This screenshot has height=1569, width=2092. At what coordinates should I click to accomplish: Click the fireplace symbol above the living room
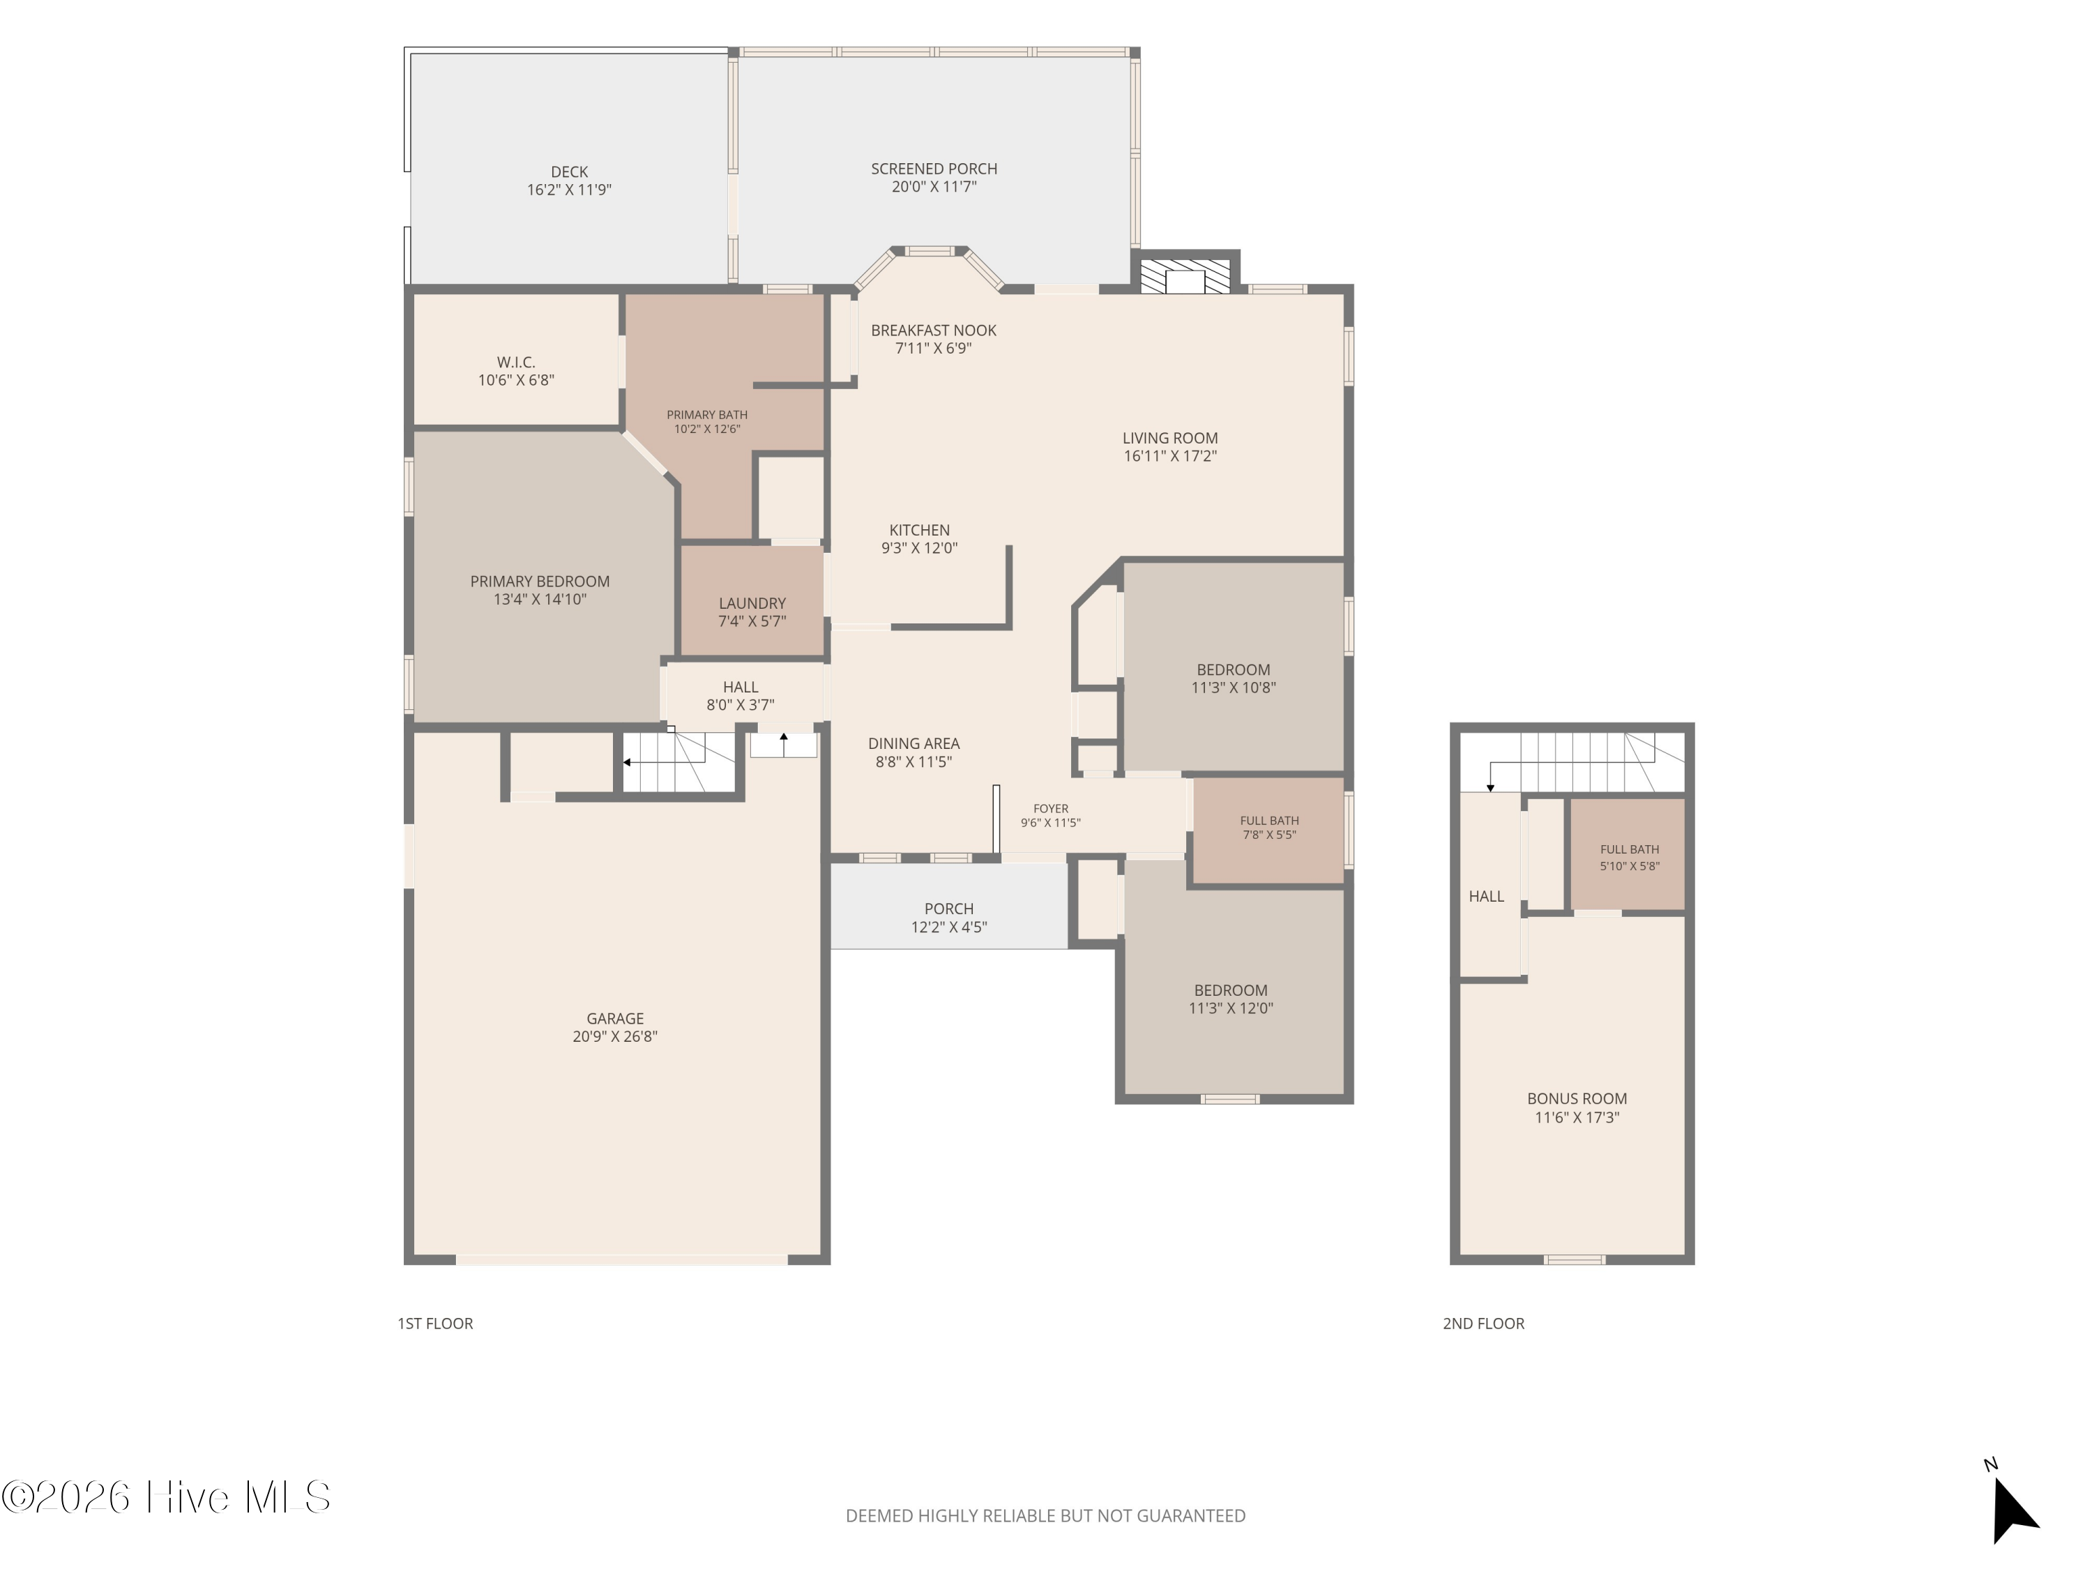coord(1185,276)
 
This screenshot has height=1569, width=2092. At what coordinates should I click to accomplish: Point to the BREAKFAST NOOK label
coord(934,330)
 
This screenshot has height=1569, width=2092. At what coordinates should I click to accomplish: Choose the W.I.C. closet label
coord(517,362)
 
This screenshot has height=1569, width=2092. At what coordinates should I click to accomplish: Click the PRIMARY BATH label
coord(706,414)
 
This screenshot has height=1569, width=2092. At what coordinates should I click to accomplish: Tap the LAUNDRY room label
coord(752,603)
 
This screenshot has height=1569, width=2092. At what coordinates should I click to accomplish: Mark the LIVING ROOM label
coord(1170,438)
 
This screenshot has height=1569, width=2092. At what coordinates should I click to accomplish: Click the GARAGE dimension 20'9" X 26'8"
coord(615,1036)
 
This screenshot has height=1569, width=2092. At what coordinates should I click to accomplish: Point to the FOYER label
coord(1051,809)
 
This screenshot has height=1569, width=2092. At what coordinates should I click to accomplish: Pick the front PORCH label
coord(948,909)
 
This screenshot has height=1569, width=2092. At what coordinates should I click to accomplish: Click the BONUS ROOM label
coord(1577,1099)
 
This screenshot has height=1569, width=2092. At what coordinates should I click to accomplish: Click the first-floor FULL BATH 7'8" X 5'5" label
coord(1269,828)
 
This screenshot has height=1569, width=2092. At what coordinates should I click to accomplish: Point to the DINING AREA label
coord(914,744)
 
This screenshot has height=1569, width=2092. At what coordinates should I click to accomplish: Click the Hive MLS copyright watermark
coord(167,1497)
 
